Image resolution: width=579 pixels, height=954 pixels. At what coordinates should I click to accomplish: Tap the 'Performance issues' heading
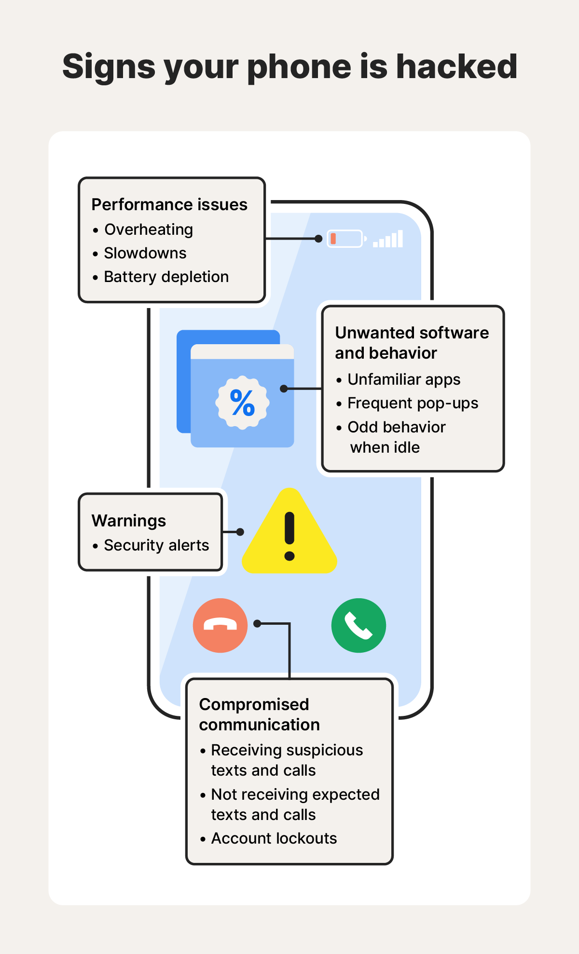point(169,205)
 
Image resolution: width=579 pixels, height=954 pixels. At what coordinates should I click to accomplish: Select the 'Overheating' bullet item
point(149,229)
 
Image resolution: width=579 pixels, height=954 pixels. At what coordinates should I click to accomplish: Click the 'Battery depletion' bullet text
point(166,277)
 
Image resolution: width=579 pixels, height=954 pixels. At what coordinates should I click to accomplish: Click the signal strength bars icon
point(388,239)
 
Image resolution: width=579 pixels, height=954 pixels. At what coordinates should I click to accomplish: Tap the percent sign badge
point(242,403)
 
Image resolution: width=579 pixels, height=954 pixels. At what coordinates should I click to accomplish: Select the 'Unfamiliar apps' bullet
point(404,379)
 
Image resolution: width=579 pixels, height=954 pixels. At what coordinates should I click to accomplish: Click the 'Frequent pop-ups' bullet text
point(413,403)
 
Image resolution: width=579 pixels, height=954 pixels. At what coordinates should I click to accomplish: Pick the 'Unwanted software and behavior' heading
point(412,343)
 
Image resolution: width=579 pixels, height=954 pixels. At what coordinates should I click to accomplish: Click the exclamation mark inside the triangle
point(289,536)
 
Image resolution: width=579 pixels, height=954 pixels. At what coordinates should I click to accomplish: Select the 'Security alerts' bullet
point(156,545)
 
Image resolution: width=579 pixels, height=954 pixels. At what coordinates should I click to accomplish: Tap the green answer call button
point(358,625)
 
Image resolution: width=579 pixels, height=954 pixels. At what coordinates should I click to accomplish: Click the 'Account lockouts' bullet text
point(274,838)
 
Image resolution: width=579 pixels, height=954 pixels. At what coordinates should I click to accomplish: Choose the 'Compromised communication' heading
point(259,714)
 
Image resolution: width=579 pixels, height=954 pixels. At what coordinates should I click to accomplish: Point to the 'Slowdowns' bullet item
point(145,253)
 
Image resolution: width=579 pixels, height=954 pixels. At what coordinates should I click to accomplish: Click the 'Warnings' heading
point(129,521)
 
